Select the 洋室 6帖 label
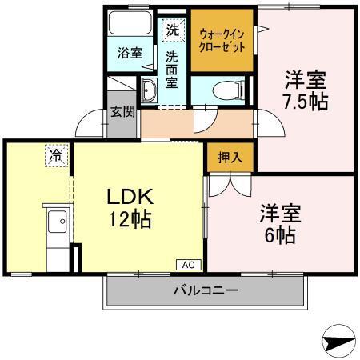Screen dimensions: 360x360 [x=278, y=225]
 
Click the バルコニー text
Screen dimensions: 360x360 [x=206, y=290]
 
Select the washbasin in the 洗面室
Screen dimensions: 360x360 [x=150, y=92]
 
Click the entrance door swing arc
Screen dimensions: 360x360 [x=90, y=122]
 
